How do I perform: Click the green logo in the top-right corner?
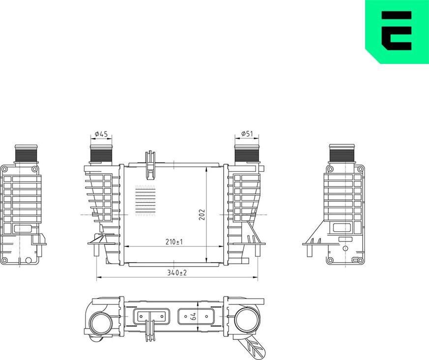[397, 31]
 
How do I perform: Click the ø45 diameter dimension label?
[101, 134]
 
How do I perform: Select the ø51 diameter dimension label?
[247, 134]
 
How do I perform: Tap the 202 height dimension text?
[201, 214]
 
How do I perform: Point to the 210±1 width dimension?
[174, 241]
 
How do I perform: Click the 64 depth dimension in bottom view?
[194, 317]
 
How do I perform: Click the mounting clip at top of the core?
[150, 165]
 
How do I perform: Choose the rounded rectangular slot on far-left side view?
[24, 229]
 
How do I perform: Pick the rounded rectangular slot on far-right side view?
[342, 228]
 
